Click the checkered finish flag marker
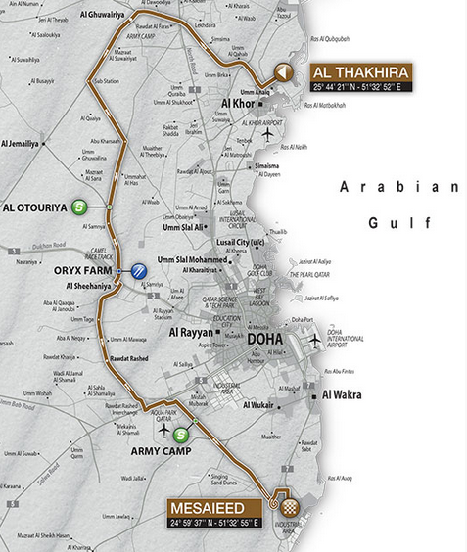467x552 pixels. [x=291, y=507]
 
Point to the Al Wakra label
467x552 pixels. [x=343, y=394]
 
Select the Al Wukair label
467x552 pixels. [x=255, y=402]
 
